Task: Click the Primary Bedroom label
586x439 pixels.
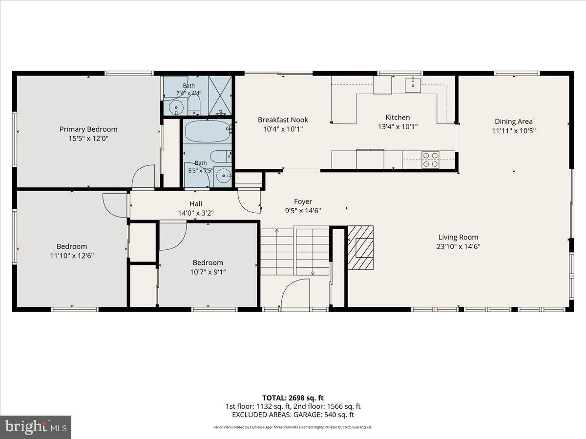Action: pos(88,129)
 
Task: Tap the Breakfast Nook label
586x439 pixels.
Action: pos(283,120)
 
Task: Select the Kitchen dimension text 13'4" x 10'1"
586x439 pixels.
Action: pos(398,127)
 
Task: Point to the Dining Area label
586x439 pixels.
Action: pos(514,121)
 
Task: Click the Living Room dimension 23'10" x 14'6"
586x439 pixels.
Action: pos(459,246)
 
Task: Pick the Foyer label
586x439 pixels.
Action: pos(303,201)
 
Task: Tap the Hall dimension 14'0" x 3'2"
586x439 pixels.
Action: pos(196,213)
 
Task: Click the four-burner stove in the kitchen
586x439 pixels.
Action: pos(430,160)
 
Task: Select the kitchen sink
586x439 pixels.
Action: pos(413,85)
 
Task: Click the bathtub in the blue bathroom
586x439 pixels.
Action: pos(207,131)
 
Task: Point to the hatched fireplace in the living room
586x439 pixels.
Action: pos(360,248)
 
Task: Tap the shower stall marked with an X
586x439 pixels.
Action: pos(220,96)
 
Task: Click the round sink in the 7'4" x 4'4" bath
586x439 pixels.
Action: pos(176,107)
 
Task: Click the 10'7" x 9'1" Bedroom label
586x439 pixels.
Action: pos(208,263)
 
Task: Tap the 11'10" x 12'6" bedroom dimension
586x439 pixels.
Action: pos(72,256)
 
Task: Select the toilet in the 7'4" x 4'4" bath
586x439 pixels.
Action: pos(194,105)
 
